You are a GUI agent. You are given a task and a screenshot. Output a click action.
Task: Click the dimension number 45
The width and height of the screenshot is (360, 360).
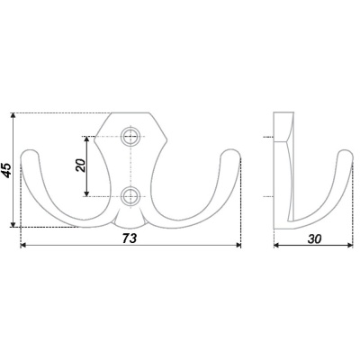click(7, 170)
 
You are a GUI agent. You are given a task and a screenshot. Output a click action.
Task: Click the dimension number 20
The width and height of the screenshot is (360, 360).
click(81, 166)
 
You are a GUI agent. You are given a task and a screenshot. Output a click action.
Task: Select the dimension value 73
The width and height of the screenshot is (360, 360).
click(130, 238)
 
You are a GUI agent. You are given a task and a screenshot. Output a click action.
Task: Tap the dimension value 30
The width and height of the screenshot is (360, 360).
click(314, 238)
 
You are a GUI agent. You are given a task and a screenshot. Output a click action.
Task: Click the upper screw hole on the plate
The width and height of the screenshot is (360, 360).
click(130, 137)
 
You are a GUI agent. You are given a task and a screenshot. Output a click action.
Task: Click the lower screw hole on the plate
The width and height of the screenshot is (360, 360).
click(130, 196)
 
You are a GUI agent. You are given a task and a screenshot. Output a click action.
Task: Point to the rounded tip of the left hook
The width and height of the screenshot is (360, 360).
click(30, 150)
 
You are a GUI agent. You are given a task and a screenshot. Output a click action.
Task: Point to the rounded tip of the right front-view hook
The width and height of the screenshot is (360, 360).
click(231, 150)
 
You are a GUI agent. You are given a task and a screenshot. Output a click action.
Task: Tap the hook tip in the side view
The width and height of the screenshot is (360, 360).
click(346, 151)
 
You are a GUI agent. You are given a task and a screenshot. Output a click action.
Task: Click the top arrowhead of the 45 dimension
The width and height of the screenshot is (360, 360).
click(13, 115)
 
